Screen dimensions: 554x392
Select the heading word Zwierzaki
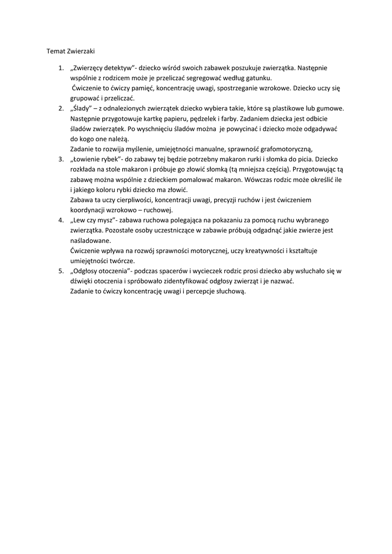tap(81, 51)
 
